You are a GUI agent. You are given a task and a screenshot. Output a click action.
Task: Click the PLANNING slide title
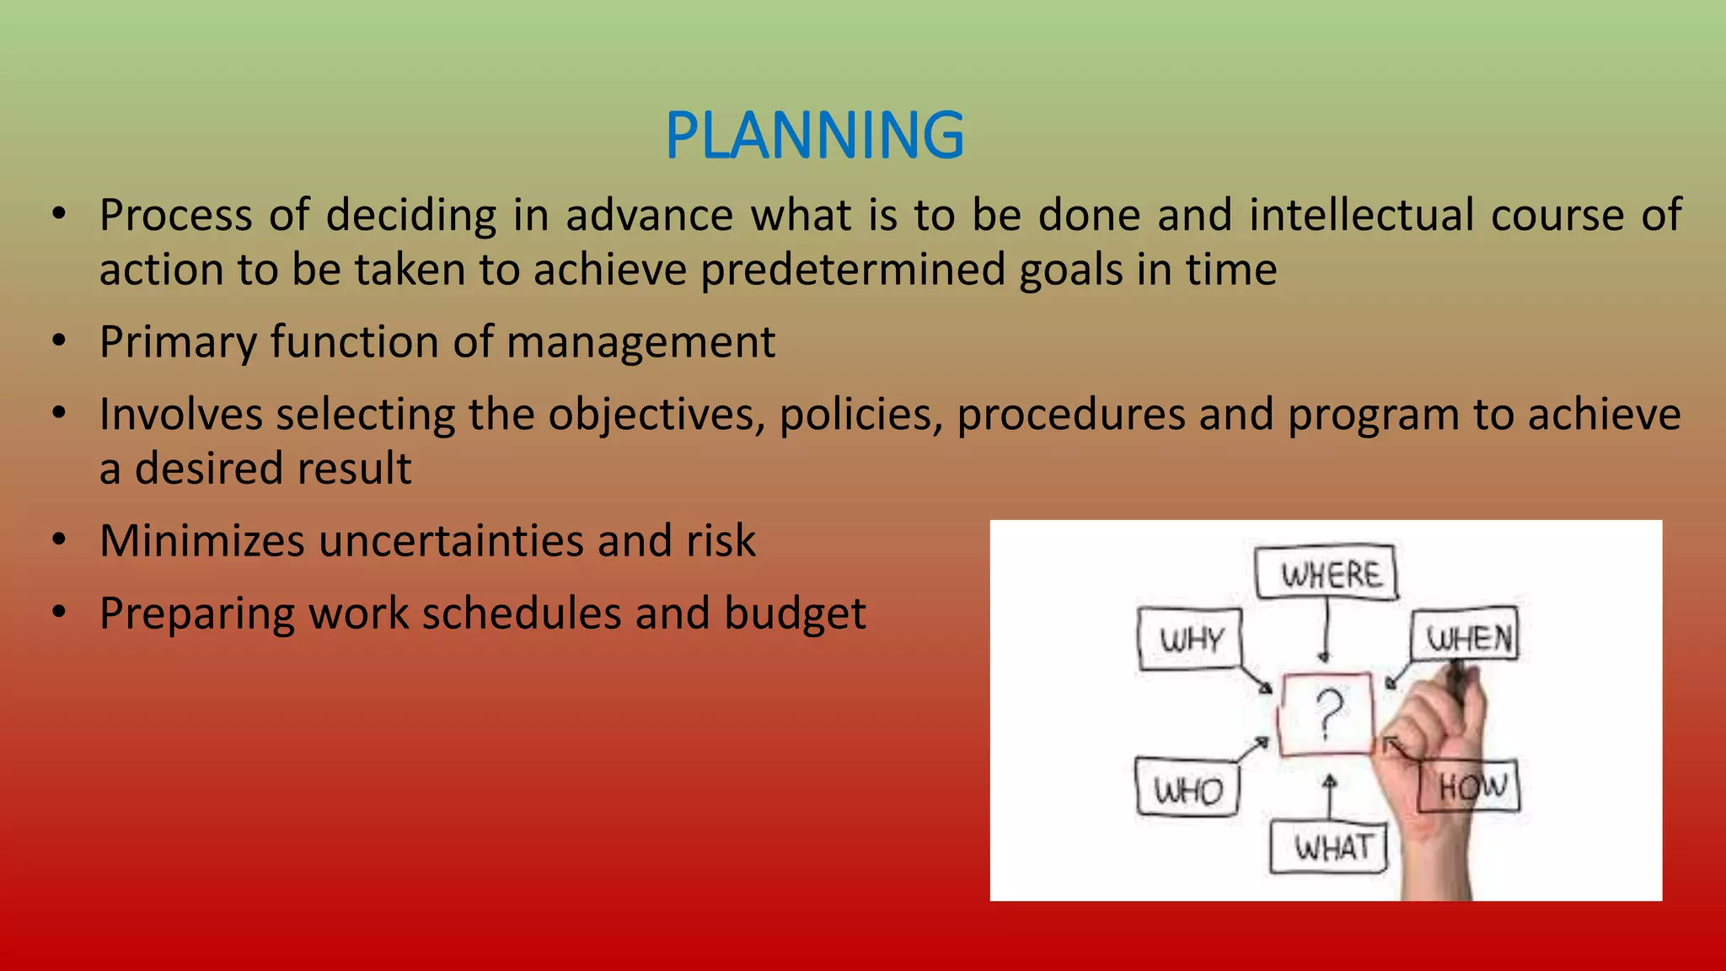click(x=814, y=136)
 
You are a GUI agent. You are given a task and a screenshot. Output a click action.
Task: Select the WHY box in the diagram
click(x=1190, y=639)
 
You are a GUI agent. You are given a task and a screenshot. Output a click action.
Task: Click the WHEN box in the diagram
click(x=1466, y=636)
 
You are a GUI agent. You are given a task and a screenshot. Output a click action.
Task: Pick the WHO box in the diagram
click(x=1187, y=789)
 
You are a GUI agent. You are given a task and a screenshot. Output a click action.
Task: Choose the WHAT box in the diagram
click(x=1329, y=846)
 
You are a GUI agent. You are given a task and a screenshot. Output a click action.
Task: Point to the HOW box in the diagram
click(x=1470, y=786)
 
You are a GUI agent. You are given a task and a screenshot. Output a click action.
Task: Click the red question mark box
click(x=1326, y=714)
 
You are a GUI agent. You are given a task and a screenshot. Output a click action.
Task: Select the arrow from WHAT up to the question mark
click(x=1329, y=797)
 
